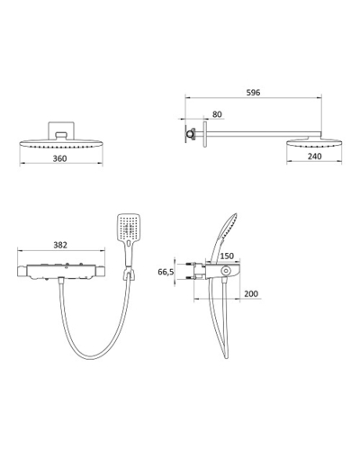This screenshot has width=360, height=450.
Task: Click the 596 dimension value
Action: [253, 93]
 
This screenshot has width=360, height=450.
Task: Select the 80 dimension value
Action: [217, 114]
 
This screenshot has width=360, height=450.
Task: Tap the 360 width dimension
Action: [59, 158]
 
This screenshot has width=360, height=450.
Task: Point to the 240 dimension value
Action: [314, 156]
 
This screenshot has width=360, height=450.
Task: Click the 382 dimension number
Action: [60, 245]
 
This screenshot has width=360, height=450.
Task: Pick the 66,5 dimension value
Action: [166, 272]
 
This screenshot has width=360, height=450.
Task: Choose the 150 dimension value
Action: [227, 256]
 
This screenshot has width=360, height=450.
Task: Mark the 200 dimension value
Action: [251, 293]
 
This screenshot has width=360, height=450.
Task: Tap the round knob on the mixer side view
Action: [225, 271]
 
